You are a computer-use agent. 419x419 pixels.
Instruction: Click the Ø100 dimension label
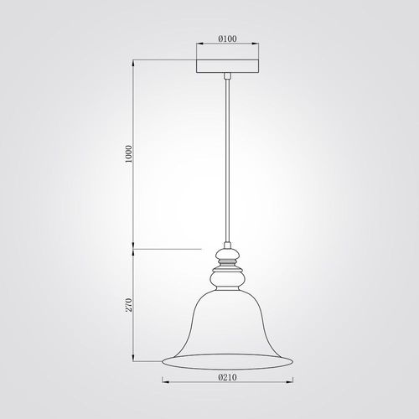click(227, 39)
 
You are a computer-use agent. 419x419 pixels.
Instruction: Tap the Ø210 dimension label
click(227, 378)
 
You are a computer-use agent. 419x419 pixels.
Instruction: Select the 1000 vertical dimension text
click(128, 154)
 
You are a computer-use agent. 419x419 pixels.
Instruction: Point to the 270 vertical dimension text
click(128, 305)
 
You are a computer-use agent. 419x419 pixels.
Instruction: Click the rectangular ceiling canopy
click(227, 66)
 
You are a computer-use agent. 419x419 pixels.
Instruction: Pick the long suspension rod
click(227, 162)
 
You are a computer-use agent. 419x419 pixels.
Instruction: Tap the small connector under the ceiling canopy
click(227, 76)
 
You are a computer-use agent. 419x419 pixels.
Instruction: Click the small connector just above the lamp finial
click(227, 246)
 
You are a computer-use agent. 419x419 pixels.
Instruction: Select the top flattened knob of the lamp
click(227, 254)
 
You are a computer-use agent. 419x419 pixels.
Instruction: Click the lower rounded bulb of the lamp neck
click(227, 280)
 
